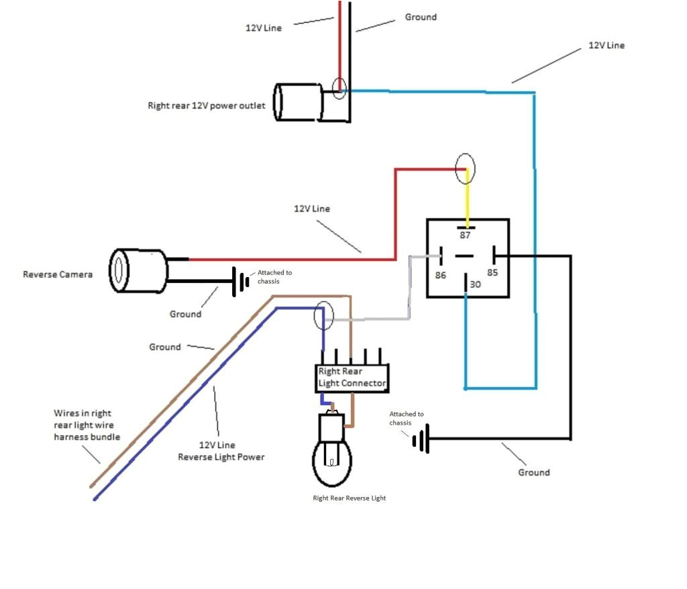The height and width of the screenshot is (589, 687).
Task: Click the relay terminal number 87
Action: tap(465, 235)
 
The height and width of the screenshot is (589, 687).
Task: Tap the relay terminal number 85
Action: tap(493, 273)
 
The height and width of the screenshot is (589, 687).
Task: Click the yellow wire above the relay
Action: tap(468, 202)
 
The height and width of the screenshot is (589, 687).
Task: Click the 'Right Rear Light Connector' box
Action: tap(352, 378)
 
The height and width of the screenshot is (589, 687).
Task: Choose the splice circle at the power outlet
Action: tap(339, 88)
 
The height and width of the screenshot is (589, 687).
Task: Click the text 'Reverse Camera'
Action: tap(57, 274)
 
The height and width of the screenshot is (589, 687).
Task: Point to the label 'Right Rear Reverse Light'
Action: tap(349, 498)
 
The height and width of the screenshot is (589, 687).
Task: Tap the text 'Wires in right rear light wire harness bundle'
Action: tap(87, 425)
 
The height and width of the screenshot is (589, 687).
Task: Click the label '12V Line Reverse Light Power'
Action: tap(221, 451)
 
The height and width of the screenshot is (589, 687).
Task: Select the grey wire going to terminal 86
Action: tap(409, 288)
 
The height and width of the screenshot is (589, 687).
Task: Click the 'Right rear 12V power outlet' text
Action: tap(206, 106)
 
